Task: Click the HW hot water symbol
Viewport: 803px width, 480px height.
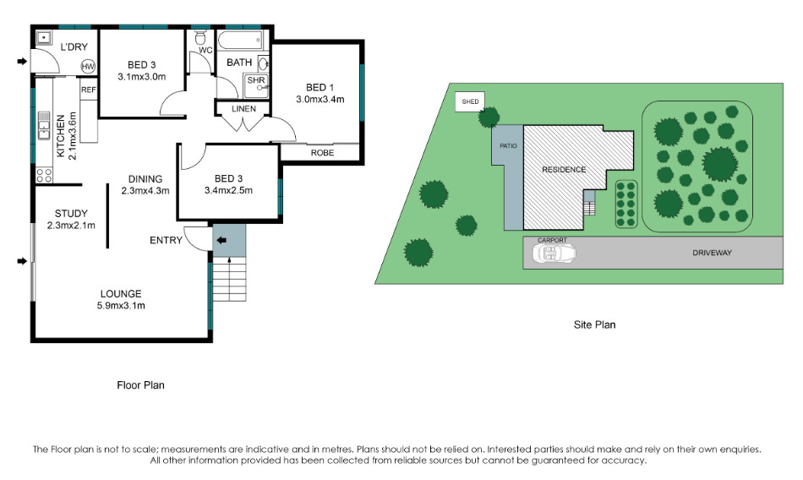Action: (x=88, y=67)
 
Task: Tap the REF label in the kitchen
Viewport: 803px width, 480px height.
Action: (x=89, y=90)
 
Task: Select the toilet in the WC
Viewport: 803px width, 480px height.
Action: (x=200, y=37)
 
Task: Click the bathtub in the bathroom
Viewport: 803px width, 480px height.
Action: (x=241, y=40)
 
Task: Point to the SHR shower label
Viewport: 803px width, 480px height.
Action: (x=256, y=80)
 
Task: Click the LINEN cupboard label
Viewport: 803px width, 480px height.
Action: (x=243, y=109)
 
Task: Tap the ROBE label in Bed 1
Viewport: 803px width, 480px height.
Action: (x=322, y=153)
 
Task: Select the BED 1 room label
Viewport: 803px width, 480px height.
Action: (x=320, y=87)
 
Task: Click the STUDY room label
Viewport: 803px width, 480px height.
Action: (x=71, y=213)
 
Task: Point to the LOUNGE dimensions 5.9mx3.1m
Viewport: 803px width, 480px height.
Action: (x=121, y=306)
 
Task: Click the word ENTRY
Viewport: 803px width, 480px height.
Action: (x=166, y=240)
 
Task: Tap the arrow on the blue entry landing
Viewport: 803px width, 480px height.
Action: (x=221, y=240)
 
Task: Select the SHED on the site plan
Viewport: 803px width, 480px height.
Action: (x=470, y=101)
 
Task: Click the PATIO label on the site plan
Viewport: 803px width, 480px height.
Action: (x=508, y=146)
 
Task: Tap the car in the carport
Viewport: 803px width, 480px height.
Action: (x=554, y=253)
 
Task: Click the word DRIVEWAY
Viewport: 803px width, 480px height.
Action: (x=712, y=253)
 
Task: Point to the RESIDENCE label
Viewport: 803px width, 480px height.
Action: (x=564, y=170)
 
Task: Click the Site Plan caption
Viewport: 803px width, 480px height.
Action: (x=594, y=325)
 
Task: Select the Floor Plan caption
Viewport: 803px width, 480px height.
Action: (x=141, y=385)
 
